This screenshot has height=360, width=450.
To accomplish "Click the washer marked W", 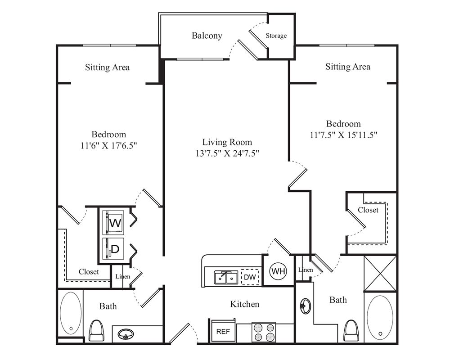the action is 113,222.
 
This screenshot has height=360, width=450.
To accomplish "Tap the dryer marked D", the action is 113,248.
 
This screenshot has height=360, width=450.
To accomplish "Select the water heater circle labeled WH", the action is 278,271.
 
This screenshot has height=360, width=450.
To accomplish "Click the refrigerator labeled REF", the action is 223,331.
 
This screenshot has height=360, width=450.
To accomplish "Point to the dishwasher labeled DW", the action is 250,277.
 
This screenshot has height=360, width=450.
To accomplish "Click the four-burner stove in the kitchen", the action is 263,332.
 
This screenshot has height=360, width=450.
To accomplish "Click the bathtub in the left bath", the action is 71,313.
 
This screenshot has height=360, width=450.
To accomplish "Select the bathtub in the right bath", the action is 380,318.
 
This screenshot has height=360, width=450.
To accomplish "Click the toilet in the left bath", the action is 96,330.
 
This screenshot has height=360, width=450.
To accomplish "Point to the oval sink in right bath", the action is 306,306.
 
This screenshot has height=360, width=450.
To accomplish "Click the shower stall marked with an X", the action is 380,273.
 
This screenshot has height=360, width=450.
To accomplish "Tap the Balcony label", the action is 207,36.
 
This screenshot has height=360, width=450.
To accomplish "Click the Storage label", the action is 276,36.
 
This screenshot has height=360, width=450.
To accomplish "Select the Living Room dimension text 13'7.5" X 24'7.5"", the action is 227,153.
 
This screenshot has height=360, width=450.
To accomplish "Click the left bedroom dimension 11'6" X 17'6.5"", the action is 108,145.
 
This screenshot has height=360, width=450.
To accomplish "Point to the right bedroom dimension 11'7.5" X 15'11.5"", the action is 343,135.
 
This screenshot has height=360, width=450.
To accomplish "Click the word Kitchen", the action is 245,304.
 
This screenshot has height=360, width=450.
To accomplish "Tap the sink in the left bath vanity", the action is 126,334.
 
